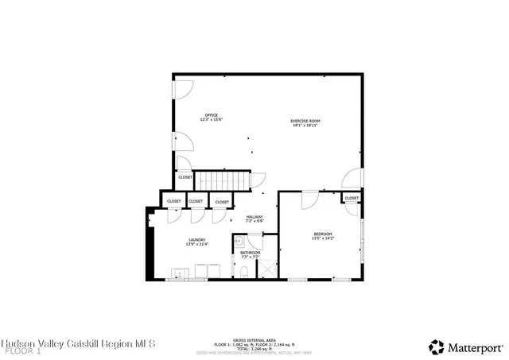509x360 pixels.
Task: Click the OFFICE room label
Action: (x=212, y=116)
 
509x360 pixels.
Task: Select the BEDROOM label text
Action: (x=322, y=234)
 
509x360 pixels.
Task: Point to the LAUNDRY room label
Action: (x=197, y=239)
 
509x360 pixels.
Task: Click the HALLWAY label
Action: (x=254, y=217)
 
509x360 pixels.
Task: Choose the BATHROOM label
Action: (x=251, y=253)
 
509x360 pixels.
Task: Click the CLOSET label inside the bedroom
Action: (x=352, y=198)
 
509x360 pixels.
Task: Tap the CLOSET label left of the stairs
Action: (x=185, y=177)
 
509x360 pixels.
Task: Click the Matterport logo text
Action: (x=476, y=346)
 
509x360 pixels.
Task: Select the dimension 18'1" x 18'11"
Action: (x=305, y=126)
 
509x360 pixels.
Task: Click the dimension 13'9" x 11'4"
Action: (x=197, y=244)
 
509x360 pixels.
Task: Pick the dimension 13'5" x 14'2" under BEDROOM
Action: (x=322, y=238)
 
